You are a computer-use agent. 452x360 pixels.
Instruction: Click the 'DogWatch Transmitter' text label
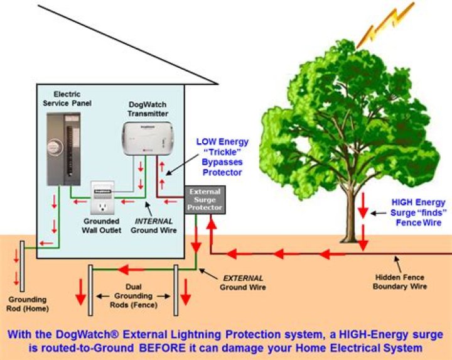148,109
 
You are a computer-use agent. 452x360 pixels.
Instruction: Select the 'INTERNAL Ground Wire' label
154,226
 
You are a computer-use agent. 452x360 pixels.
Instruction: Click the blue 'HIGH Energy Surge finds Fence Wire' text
418,212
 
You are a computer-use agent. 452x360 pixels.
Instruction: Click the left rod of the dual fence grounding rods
90,290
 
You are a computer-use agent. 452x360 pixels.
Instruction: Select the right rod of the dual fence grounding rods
176,290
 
